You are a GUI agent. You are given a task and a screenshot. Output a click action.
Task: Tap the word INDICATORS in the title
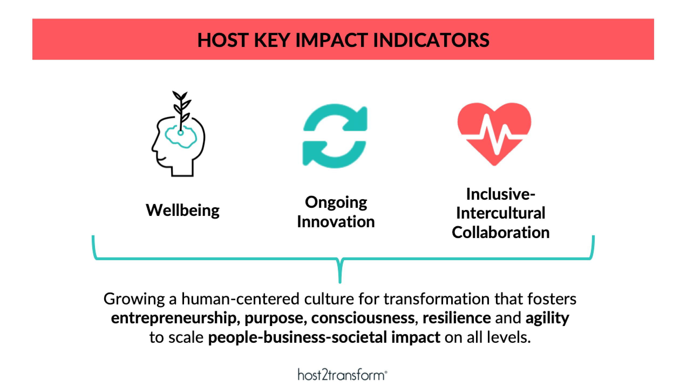click(x=431, y=40)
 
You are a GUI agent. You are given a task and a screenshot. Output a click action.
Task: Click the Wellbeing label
click(x=183, y=210)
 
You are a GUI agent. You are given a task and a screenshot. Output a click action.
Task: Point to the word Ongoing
click(x=336, y=202)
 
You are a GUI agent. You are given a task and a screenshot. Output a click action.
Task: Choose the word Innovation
click(x=336, y=222)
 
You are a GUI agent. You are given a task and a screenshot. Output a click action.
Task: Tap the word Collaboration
click(x=501, y=232)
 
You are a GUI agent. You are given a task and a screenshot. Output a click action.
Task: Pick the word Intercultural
click(x=501, y=213)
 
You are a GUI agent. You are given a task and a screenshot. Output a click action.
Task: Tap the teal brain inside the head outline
click(x=181, y=137)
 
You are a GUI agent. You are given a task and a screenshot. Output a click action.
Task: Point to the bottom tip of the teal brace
click(x=340, y=283)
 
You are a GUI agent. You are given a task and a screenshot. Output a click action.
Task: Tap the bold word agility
click(x=547, y=318)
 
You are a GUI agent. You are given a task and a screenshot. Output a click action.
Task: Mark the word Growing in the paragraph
click(x=134, y=299)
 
